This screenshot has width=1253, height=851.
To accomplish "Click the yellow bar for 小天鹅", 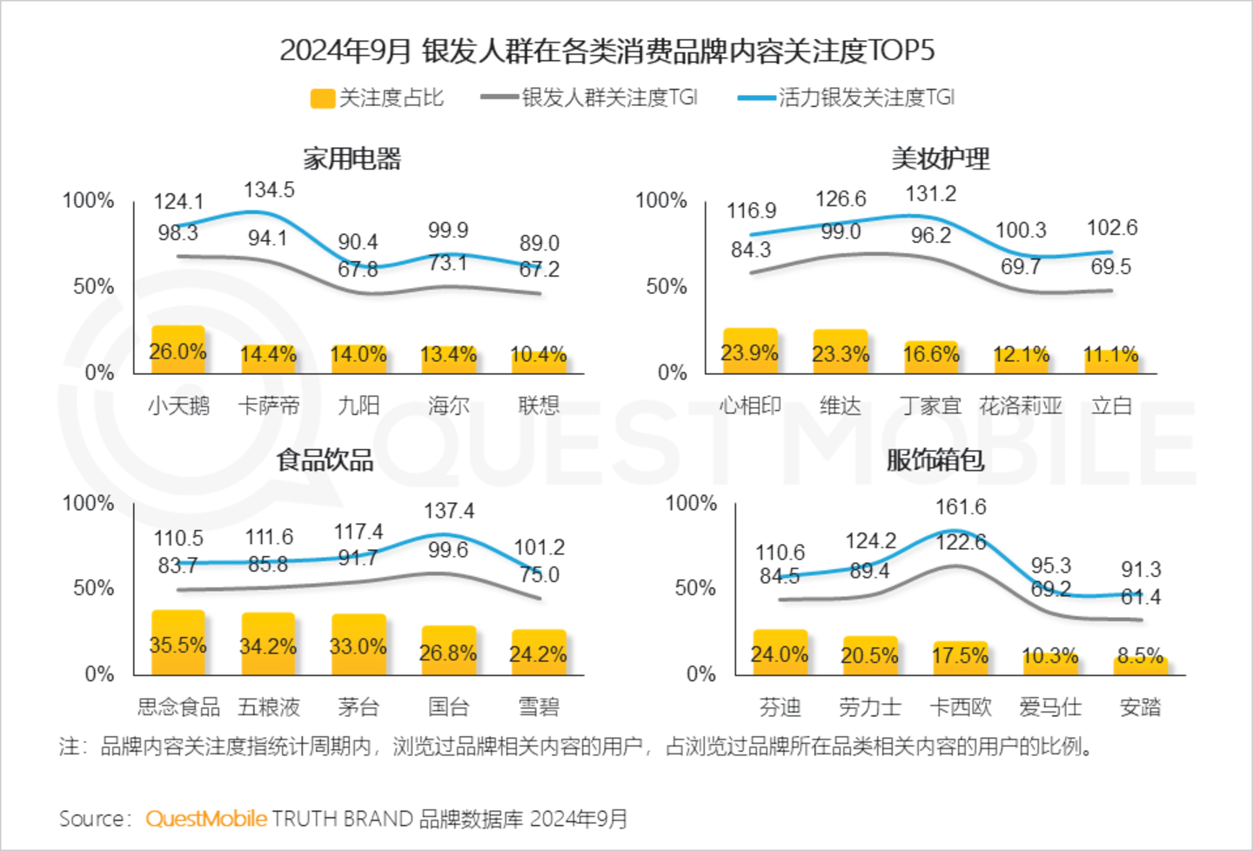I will pos(178,350).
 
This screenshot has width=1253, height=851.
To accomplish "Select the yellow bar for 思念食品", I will pos(178,642).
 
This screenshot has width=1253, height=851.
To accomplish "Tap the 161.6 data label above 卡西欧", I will pos(961,506).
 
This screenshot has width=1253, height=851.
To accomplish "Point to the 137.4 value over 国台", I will pos(449,511).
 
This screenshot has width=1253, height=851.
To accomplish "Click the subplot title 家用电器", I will pos(352,158).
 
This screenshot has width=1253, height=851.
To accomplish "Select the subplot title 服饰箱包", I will pos(935,459).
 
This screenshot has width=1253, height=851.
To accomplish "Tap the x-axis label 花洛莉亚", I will pos(1021,405).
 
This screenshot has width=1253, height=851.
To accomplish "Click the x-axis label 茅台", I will pos(358,707).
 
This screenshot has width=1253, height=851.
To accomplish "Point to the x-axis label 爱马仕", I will pos(1050,707).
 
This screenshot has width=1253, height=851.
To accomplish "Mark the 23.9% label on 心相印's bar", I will pos(749,352).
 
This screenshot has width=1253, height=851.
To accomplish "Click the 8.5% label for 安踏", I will pos(1141,656).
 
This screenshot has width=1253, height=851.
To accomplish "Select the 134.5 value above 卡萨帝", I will pos(269,190).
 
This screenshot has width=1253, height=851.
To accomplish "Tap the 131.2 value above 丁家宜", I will pos(931,193).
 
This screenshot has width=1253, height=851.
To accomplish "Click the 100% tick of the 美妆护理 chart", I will pos(661,200).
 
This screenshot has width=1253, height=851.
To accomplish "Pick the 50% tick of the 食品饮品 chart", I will pos(93,588).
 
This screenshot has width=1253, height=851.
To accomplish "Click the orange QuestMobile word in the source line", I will pos(206,819).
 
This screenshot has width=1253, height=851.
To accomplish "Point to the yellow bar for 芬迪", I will pos(780,653).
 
